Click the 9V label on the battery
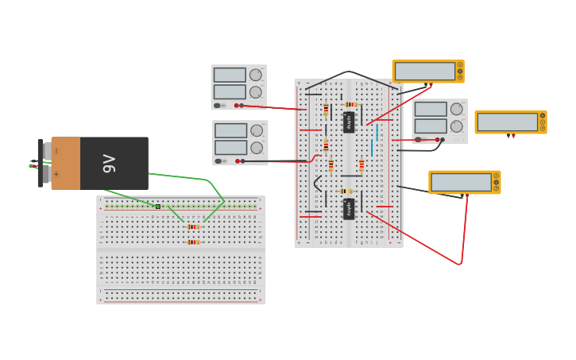coord(110,164)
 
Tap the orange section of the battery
coord(66,164)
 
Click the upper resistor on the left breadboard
coord(193,226)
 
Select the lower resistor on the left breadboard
coord(193,242)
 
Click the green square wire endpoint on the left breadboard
coord(158,207)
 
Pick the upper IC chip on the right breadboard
coord(349,122)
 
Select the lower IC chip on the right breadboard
coord(349,208)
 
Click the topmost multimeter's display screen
coord(424,71)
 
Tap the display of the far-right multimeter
coord(507,122)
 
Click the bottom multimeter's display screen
coord(461,182)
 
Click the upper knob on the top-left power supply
coord(256,75)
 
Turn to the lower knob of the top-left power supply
coord(256,92)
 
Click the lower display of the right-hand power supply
coord(430,126)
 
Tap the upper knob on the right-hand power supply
coord(457,109)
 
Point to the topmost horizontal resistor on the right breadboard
coord(350,104)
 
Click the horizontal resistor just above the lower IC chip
coord(345,191)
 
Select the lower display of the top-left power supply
coord(229,91)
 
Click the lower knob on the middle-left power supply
coord(257,148)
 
